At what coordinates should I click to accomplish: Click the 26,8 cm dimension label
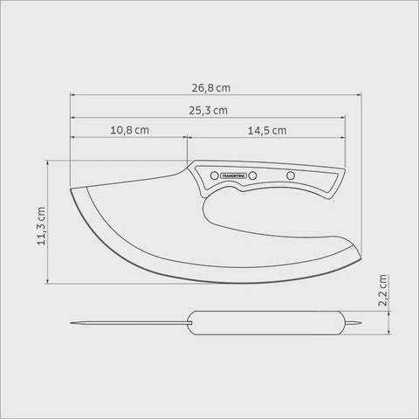click(211, 88)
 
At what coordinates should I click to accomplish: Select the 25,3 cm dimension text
click(209, 111)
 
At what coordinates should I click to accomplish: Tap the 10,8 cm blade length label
click(129, 130)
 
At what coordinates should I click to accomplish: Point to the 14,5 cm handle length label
click(267, 131)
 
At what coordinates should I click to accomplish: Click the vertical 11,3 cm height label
click(41, 226)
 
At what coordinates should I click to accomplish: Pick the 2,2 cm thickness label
click(382, 290)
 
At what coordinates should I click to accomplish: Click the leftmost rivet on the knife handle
click(215, 175)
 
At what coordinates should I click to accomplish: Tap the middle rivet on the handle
click(253, 175)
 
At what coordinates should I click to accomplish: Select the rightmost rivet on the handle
click(291, 175)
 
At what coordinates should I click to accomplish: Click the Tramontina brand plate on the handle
click(234, 175)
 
